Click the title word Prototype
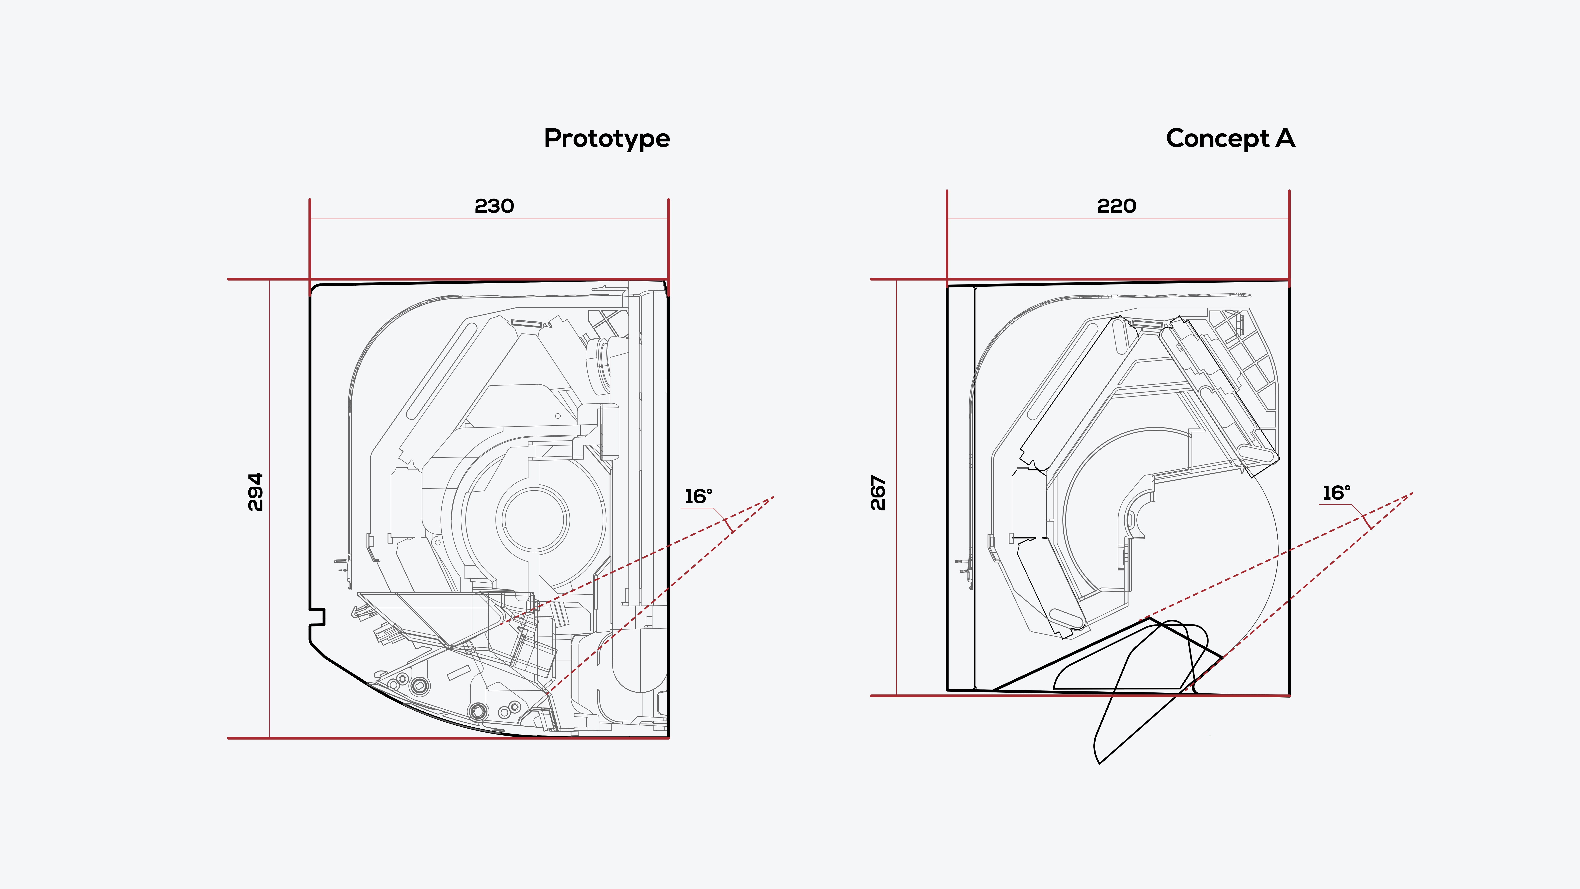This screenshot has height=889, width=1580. click(607, 139)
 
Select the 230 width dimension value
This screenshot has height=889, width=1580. click(494, 206)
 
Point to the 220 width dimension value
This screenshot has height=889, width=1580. click(1116, 206)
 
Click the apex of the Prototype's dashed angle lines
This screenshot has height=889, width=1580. click(774, 497)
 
